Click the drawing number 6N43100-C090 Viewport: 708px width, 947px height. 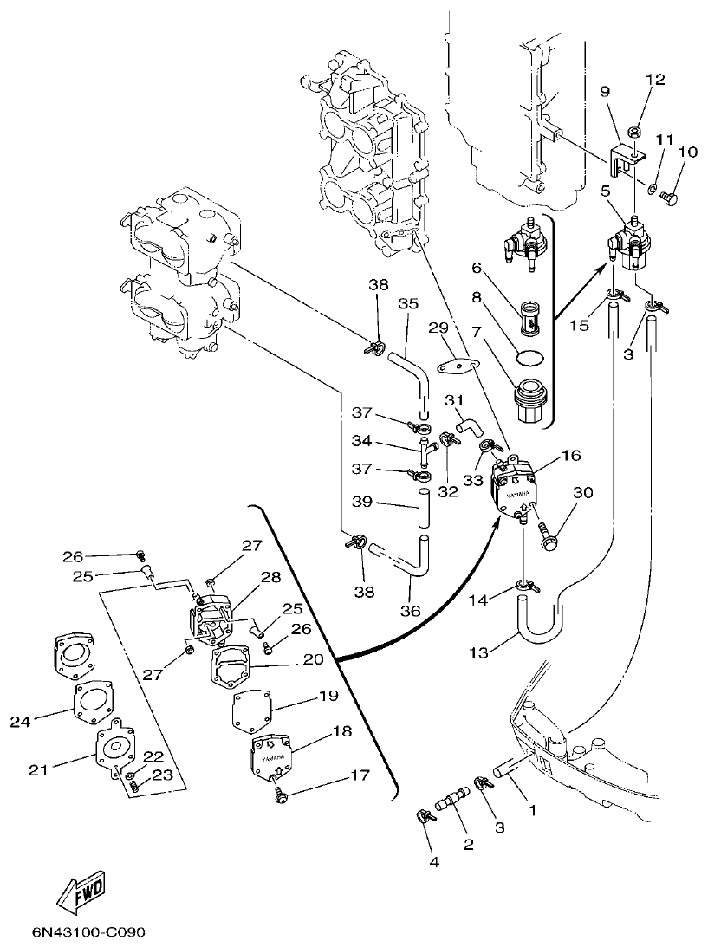click(88, 932)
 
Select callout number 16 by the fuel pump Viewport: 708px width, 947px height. click(571, 456)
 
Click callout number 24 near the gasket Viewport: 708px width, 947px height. click(21, 721)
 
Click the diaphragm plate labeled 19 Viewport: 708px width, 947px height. click(252, 713)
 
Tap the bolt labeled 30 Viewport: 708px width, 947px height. click(548, 533)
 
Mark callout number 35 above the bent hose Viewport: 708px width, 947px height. click(408, 303)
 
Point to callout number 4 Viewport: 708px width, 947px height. click(434, 862)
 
